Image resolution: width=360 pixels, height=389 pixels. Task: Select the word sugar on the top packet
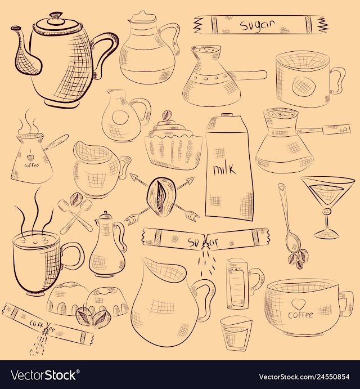(x=257, y=25)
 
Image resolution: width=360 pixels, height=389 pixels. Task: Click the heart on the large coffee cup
(x=296, y=304)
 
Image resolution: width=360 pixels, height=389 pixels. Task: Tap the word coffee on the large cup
(x=300, y=315)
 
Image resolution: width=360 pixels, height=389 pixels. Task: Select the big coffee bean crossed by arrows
(x=161, y=196)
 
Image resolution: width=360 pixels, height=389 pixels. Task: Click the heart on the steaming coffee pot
(x=30, y=158)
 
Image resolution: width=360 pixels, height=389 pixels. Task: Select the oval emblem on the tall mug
(x=304, y=85)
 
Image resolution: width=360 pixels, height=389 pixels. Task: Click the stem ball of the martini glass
(x=327, y=212)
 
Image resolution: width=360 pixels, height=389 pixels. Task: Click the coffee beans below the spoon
(x=298, y=259)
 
